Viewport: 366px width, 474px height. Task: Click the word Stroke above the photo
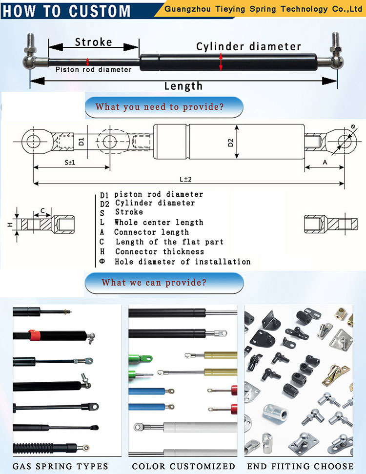93,42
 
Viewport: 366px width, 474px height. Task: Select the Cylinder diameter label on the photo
248,46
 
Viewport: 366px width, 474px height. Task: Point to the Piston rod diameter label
93,70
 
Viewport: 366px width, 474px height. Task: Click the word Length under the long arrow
183,86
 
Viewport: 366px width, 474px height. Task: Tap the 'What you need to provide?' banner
164,106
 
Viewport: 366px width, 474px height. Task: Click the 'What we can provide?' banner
164,282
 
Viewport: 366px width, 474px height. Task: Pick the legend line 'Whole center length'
159,222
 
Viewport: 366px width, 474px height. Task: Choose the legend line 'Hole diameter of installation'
182,262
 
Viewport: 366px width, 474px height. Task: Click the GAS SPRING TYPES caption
61,466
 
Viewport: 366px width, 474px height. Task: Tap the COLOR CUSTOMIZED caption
183,466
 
